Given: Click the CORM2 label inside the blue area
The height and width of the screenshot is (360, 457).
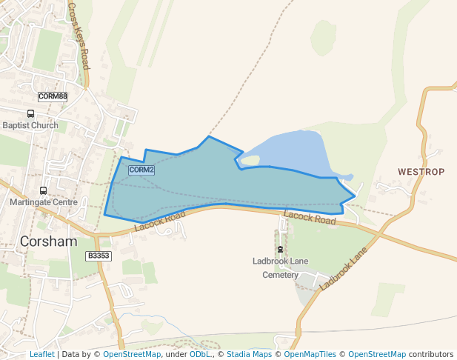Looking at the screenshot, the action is point(141,170).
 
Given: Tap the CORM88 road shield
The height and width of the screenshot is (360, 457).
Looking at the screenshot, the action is point(53,96).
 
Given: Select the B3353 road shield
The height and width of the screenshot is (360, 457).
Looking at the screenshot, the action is point(98,256).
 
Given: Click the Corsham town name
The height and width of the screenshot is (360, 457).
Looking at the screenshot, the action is point(48,241).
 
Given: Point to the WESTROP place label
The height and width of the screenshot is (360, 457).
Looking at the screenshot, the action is point(421,172).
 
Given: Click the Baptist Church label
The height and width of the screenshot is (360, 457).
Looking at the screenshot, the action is point(30,125).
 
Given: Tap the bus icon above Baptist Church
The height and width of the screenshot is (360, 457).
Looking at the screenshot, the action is point(31,114).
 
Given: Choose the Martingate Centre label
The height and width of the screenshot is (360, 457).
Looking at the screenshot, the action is point(44,202).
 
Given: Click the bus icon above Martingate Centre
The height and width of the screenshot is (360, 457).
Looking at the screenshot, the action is point(43,190).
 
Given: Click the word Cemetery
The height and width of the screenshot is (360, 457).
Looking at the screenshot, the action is point(280,275).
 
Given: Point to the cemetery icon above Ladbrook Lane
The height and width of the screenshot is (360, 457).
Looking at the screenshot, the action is point(280,248).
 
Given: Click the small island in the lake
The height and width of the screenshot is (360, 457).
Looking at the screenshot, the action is point(250,160).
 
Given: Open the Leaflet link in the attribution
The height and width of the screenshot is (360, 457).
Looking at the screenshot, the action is point(41,354).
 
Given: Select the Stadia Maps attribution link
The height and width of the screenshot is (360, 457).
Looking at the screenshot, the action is point(249,354).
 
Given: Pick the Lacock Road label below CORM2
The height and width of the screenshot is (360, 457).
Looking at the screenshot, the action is point(160,221).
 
